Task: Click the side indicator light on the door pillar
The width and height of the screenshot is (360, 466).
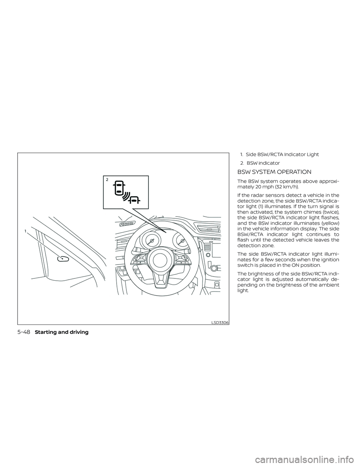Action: pos(63,259)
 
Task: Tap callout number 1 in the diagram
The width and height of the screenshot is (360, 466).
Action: pos(25,231)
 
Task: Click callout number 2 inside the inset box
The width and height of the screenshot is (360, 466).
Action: pos(107,180)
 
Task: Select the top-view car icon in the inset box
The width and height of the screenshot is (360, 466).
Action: pos(119,187)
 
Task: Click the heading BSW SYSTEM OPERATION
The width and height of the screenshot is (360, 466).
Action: pos(274,172)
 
